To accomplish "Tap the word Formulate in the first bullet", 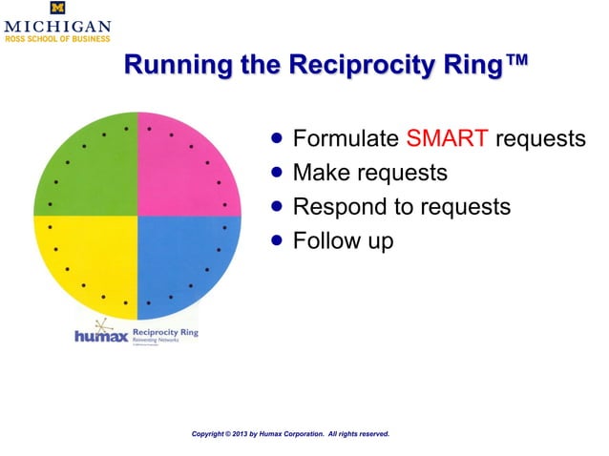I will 346,139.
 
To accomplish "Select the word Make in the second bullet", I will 321,173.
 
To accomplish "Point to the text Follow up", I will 343,241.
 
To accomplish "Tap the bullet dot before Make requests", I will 277,173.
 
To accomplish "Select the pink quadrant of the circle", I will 181,172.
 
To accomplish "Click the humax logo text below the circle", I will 101,337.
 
